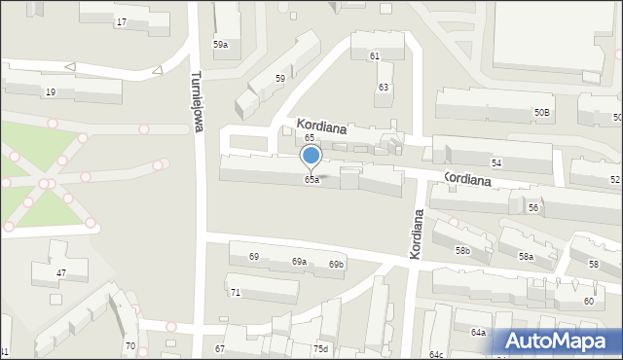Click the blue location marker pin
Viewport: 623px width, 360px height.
point(311,156)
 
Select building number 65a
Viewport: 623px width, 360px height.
point(311,180)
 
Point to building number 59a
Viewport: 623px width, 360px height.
point(221,45)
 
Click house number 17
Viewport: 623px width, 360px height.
point(121,21)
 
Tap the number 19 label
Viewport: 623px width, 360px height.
point(51,91)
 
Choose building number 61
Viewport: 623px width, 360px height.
point(375,55)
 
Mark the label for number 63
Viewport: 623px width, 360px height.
point(384,88)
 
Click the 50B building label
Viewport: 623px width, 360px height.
point(541,113)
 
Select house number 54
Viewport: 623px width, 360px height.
point(496,162)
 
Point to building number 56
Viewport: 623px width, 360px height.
point(533,208)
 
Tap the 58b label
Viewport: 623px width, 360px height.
point(462,251)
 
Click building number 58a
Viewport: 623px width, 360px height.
point(526,256)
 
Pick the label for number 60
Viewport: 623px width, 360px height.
point(589,301)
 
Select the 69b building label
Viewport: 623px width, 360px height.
point(336,265)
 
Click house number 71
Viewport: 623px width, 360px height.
point(235,292)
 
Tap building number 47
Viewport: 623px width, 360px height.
point(60,273)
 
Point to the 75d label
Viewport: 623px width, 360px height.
point(320,348)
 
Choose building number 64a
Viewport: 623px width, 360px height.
point(478,333)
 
